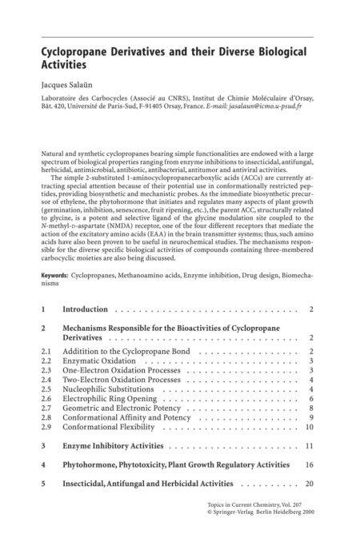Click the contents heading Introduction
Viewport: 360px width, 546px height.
coord(86,308)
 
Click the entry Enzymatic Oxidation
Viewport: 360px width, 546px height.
coord(98,361)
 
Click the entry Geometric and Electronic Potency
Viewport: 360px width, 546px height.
coord(121,408)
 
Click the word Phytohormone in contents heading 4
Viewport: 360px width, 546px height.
coord(94,464)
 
